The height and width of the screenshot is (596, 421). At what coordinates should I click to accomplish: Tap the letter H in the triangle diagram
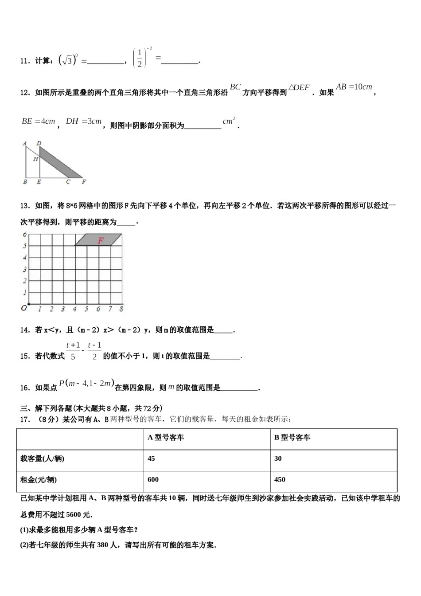pyautogui.click(x=35, y=159)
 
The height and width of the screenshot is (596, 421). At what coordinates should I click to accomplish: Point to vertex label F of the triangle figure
pyautogui.click(x=84, y=182)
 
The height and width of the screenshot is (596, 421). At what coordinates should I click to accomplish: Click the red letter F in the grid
pyautogui.click(x=101, y=240)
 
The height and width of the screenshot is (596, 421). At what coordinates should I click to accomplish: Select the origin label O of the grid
pyautogui.click(x=23, y=308)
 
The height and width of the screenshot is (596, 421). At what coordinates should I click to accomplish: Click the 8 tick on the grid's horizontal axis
pyautogui.click(x=121, y=309)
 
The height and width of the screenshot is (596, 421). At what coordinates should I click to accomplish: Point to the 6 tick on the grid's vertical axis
pyautogui.click(x=25, y=234)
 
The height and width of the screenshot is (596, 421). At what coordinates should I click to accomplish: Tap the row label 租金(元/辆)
pyautogui.click(x=39, y=479)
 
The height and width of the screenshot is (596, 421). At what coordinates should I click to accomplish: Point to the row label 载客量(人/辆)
pyautogui.click(x=43, y=459)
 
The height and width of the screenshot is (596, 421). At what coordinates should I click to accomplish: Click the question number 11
pyautogui.click(x=24, y=61)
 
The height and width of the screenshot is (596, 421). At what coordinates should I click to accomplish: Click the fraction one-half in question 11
pyautogui.click(x=140, y=58)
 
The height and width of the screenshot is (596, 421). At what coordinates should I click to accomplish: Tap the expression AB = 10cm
pyautogui.click(x=354, y=87)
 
